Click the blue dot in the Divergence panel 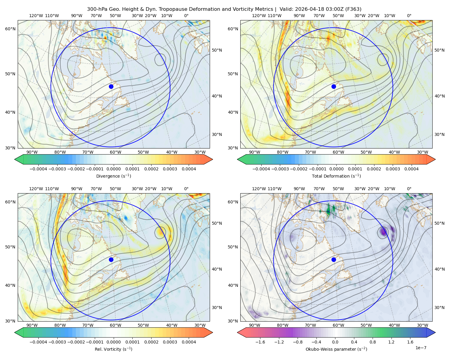[x=111, y=86]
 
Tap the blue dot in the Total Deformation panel [x=334, y=86]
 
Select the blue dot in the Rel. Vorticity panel [x=111, y=259]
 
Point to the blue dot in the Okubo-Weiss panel [x=334, y=259]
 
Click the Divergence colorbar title [x=113, y=176]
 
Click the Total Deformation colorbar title [x=336, y=176]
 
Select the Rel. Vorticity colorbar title [x=113, y=349]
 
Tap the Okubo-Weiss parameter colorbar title [x=336, y=349]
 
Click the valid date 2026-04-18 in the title [x=307, y=9]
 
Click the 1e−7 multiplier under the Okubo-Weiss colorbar [x=421, y=348]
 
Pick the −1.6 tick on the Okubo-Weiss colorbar [x=260, y=342]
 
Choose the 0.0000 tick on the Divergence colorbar [x=113, y=169]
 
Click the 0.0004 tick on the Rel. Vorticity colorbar [x=189, y=342]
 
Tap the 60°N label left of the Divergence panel [x=10, y=29]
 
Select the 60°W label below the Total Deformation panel [x=338, y=152]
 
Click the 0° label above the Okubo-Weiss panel [x=409, y=189]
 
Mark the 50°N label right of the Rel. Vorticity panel [x=217, y=223]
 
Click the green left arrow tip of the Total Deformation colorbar [x=238, y=159]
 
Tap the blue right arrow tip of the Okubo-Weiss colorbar [x=435, y=332]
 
